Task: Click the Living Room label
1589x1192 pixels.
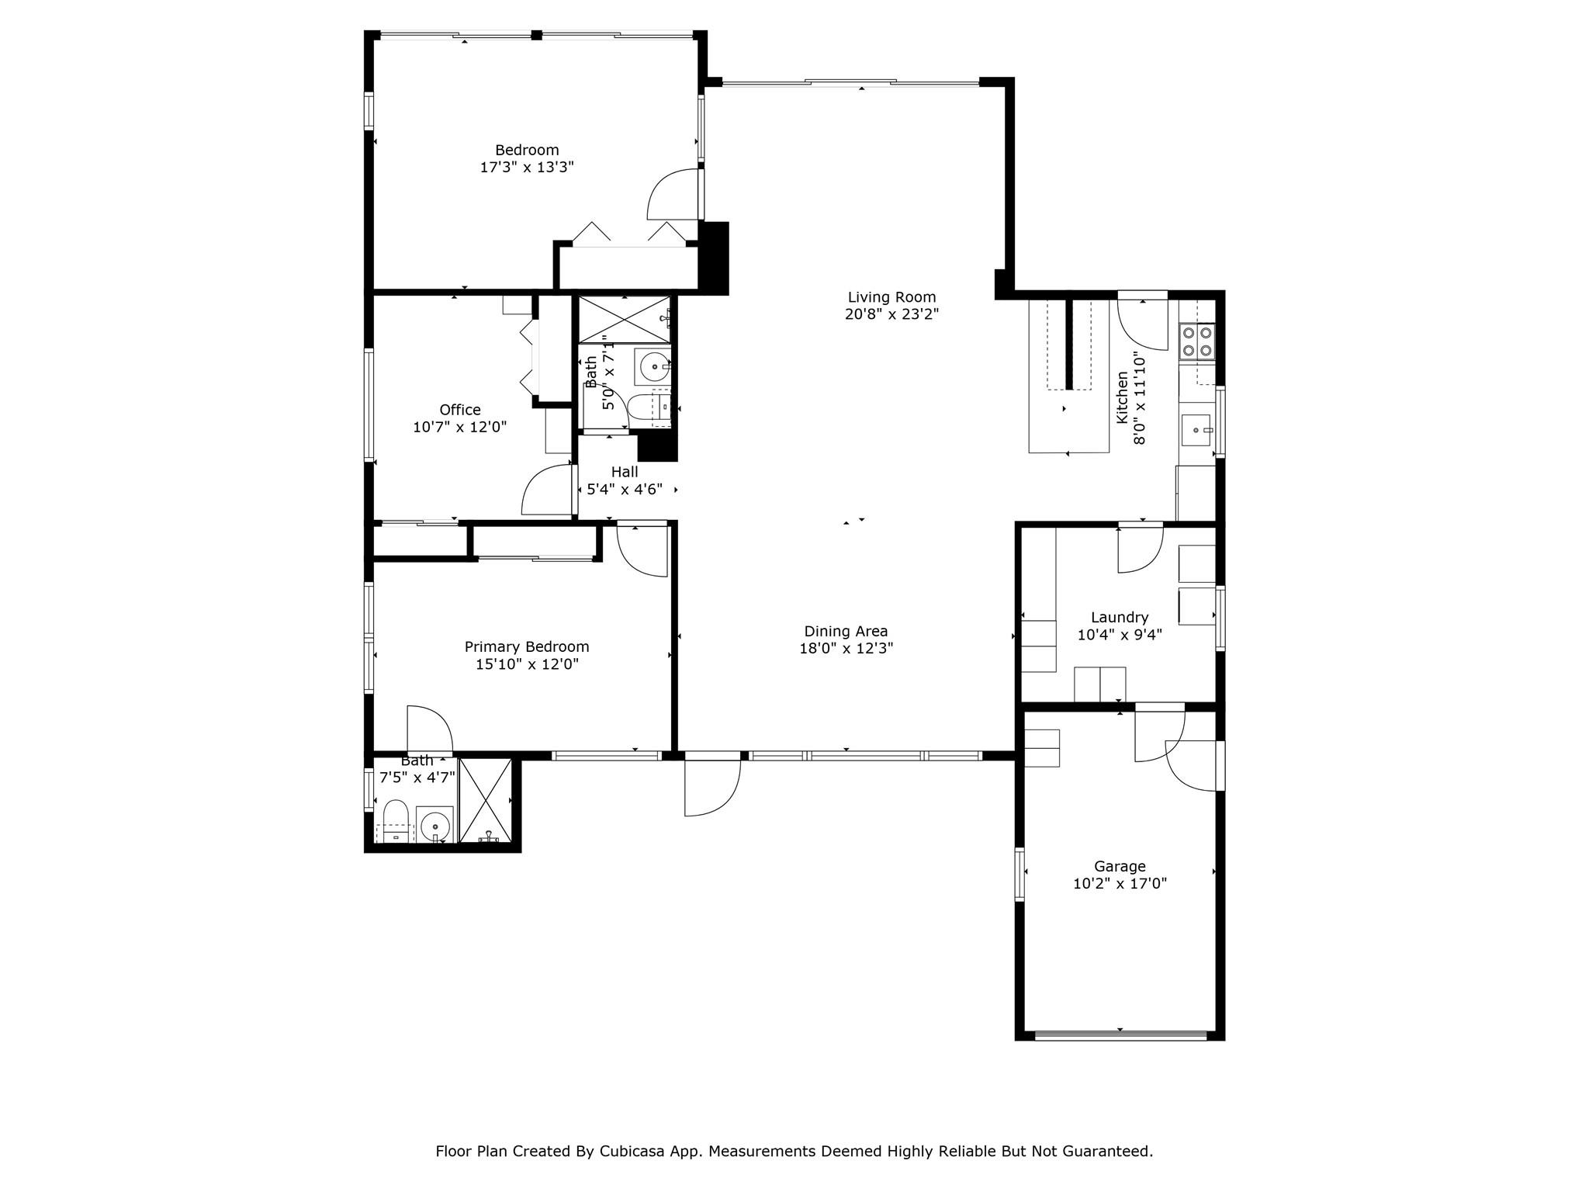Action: [x=891, y=297]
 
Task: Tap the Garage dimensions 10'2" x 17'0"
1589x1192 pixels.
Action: [x=1120, y=883]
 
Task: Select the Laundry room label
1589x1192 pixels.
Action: [x=1119, y=618]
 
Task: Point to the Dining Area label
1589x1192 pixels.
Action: [x=846, y=632]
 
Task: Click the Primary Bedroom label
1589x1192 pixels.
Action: [x=527, y=646]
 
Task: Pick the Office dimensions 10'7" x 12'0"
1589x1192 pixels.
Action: [x=460, y=427]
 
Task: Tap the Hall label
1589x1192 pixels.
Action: [x=625, y=472]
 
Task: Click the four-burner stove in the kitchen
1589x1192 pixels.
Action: [x=1197, y=341]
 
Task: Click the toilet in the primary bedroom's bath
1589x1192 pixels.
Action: [x=396, y=820]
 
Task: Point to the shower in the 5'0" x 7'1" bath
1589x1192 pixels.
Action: [x=625, y=318]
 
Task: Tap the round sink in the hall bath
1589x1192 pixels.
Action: [x=654, y=366]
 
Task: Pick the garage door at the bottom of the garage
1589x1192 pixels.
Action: [x=1120, y=1034]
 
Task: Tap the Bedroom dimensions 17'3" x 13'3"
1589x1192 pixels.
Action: [x=527, y=167]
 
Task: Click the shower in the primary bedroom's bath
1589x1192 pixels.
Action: [x=486, y=801]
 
